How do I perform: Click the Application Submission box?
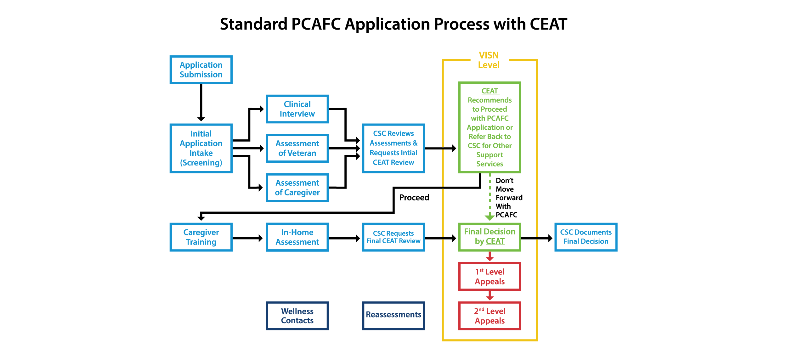click(x=201, y=70)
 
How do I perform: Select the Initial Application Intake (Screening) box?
click(x=201, y=148)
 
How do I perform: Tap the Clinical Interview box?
click(x=297, y=109)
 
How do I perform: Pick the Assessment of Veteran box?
click(x=297, y=148)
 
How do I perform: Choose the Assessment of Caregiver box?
click(x=297, y=188)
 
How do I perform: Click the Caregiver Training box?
click(x=201, y=237)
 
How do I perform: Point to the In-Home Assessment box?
click(x=297, y=237)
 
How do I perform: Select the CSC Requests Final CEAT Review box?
click(x=394, y=237)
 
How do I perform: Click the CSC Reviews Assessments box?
click(x=394, y=148)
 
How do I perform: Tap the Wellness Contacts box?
click(x=297, y=316)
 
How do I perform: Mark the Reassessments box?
click(x=394, y=315)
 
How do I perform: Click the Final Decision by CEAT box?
click(x=490, y=237)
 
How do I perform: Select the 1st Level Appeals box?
click(x=490, y=276)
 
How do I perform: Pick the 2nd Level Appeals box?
click(x=490, y=316)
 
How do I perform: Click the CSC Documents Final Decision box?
click(x=586, y=237)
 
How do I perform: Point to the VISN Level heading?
click(x=489, y=60)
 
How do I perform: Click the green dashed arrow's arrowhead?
click(x=490, y=217)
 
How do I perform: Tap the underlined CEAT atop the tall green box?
click(x=490, y=91)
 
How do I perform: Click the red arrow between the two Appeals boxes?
click(x=490, y=296)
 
